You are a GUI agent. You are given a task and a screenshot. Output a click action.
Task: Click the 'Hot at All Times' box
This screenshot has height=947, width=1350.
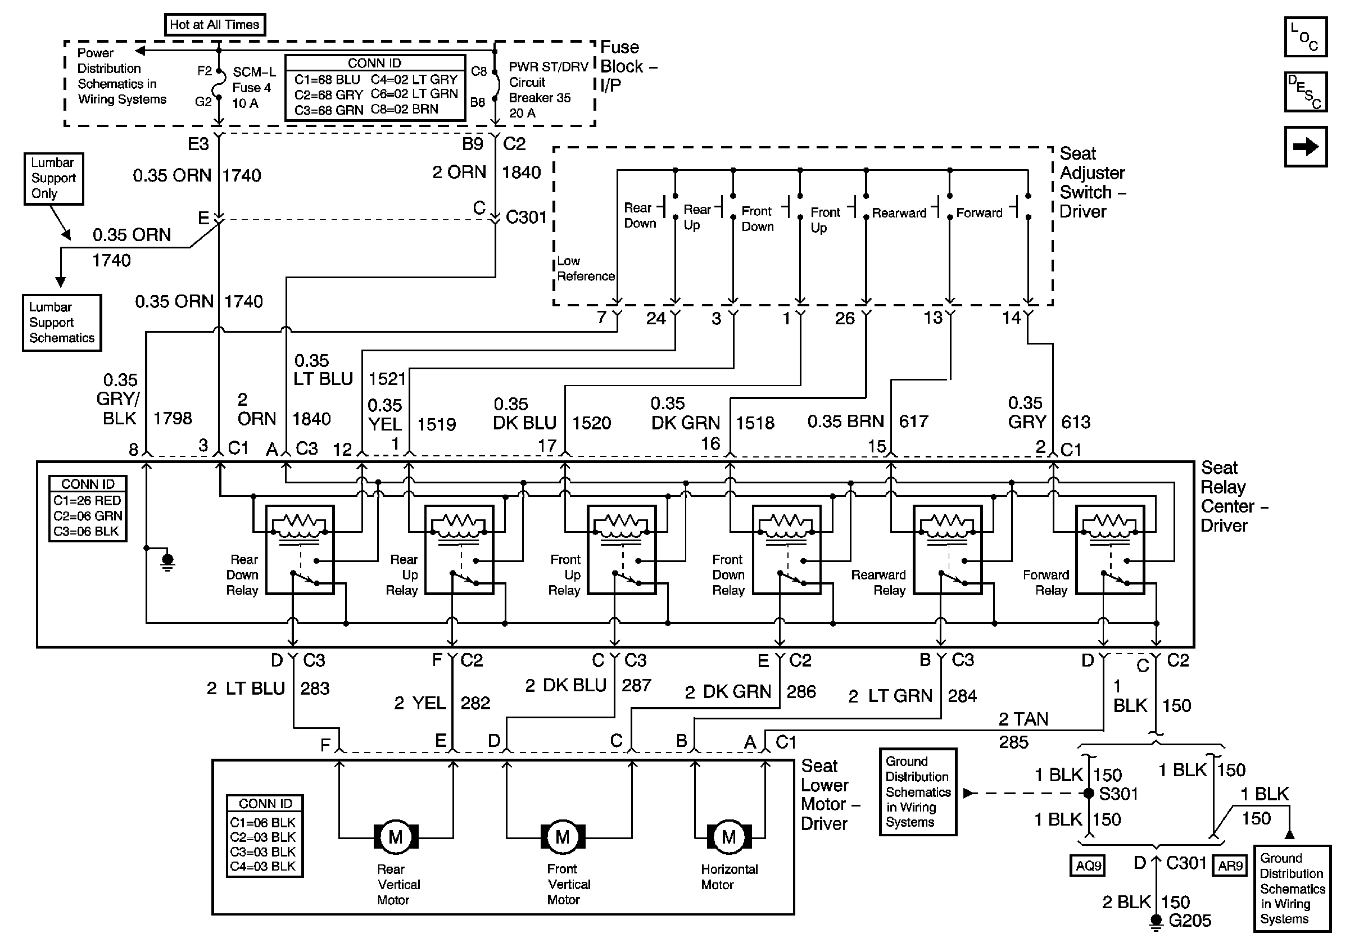[215, 25]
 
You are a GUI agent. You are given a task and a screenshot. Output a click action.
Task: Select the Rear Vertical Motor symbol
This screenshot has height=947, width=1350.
[396, 836]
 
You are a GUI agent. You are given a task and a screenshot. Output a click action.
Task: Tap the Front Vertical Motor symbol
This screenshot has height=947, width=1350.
[563, 836]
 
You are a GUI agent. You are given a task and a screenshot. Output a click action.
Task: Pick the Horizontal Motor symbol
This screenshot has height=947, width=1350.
[728, 836]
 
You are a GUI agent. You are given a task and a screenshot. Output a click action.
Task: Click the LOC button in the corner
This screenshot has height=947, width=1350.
[1305, 37]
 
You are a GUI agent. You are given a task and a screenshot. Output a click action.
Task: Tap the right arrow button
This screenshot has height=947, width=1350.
[1305, 147]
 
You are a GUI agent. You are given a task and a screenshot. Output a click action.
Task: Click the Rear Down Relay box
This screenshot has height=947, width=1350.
[300, 550]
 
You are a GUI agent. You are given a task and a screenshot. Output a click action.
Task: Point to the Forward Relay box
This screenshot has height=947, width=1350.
[1109, 550]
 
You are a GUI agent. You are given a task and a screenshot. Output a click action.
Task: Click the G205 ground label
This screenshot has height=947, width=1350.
[1189, 921]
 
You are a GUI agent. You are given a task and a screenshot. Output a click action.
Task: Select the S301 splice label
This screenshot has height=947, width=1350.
[1118, 794]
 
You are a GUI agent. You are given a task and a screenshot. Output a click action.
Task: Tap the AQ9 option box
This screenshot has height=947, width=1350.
[1088, 866]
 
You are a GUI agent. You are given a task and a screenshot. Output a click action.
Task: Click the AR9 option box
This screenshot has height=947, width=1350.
[1230, 866]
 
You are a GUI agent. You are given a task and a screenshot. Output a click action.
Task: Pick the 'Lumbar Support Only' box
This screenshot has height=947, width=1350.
[53, 178]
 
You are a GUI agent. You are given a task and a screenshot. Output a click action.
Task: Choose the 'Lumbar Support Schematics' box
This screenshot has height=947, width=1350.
[62, 323]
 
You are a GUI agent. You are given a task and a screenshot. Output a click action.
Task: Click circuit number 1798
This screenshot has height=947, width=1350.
[173, 419]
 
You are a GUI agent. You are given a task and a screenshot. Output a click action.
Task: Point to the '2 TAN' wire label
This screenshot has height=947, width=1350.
[1023, 719]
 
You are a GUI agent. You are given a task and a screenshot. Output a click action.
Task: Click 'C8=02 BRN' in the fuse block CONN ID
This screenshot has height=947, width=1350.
[404, 110]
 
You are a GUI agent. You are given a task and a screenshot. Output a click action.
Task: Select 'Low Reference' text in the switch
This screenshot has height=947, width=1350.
[585, 269]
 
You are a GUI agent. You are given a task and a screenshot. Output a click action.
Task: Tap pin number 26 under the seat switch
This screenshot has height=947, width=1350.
[844, 319]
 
